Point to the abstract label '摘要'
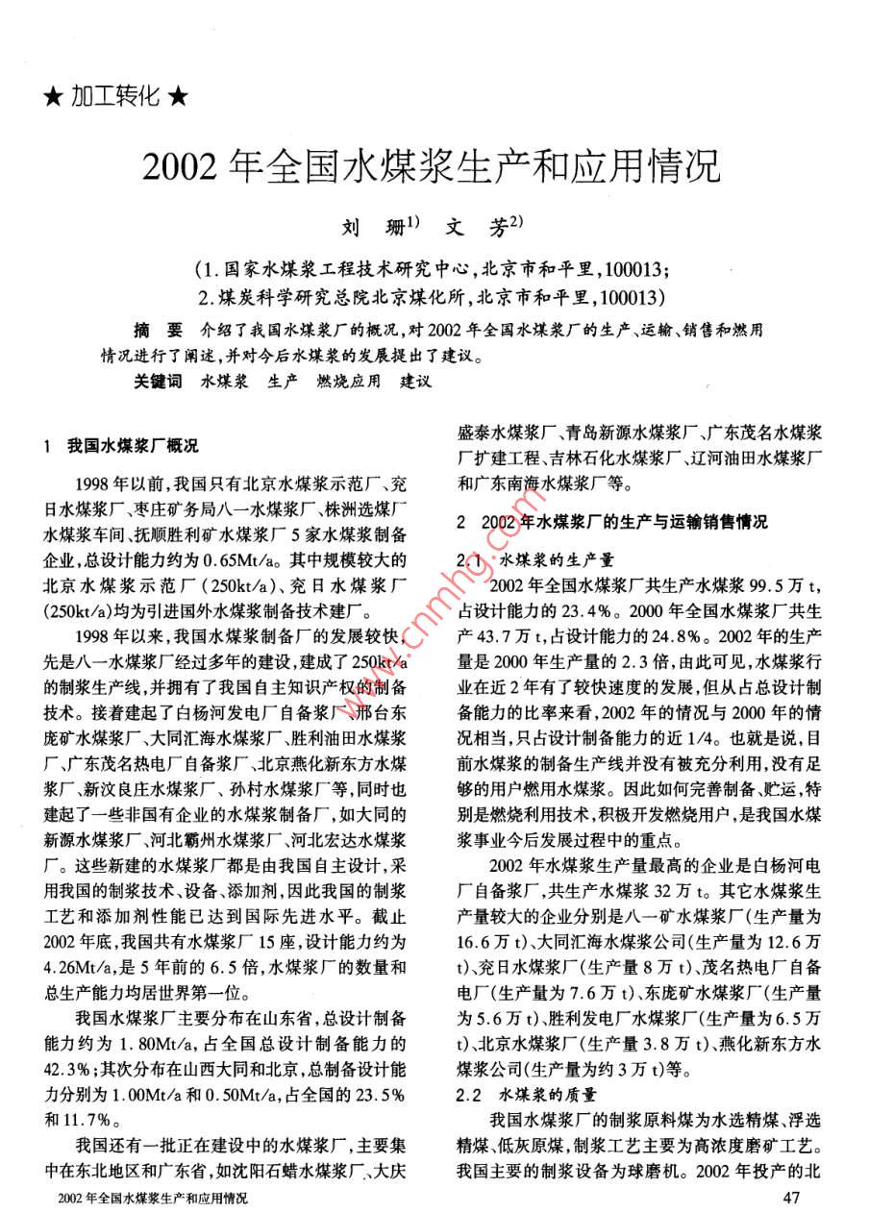pyautogui.click(x=154, y=331)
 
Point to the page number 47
pyautogui.click(x=793, y=1197)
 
